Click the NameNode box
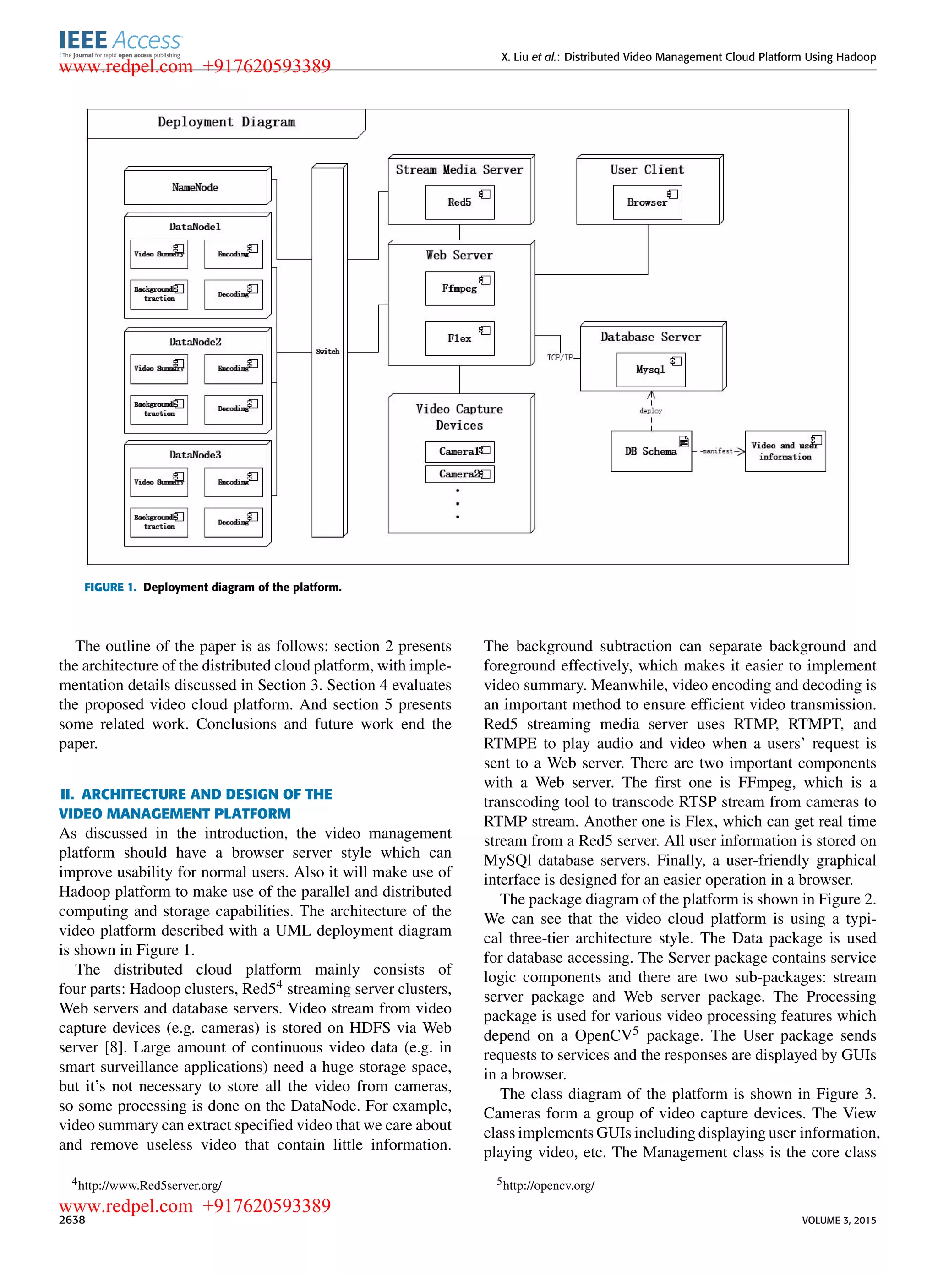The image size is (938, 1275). coord(195,187)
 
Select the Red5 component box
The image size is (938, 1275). coord(459,202)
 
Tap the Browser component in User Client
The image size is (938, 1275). coord(647,202)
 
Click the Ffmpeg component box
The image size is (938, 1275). coord(459,289)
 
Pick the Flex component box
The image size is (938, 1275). coord(459,338)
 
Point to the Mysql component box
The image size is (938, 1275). coord(651,370)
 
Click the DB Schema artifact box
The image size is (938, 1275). coord(651,451)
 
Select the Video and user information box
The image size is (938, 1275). coord(785,451)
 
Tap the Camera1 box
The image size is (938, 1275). coord(459,451)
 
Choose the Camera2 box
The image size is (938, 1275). coord(459,474)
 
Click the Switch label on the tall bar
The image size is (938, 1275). coord(327,351)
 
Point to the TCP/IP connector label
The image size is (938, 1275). coord(560,358)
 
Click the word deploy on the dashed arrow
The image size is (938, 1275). coord(651,410)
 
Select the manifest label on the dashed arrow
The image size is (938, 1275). coord(717,451)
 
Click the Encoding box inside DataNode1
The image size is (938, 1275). coord(234,254)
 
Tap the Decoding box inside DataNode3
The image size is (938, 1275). coord(234,522)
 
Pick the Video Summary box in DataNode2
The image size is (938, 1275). coord(159,369)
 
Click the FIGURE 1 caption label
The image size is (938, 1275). coord(111,588)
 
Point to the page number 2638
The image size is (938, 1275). coord(72,1220)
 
